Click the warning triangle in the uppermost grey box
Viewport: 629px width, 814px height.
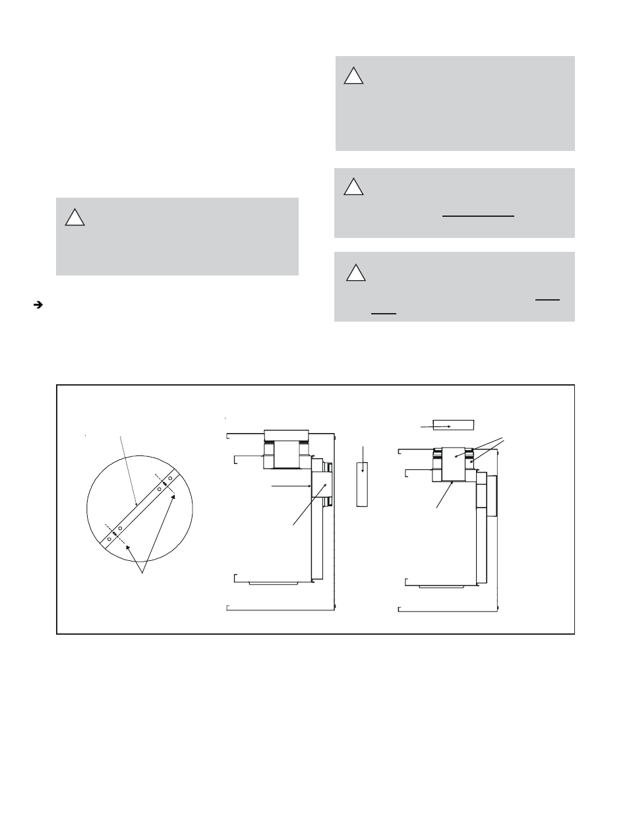click(x=353, y=76)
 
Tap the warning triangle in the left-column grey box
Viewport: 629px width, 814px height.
click(x=75, y=217)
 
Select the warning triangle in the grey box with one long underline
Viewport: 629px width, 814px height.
click(x=353, y=187)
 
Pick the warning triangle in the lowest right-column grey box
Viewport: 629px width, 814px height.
click(x=355, y=272)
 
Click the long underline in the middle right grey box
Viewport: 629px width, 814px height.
click(x=478, y=216)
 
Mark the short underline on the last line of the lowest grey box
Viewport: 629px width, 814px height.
click(x=383, y=314)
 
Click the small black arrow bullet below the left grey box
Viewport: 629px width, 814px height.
click(x=38, y=305)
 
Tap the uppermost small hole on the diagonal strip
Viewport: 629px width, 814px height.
click(x=170, y=478)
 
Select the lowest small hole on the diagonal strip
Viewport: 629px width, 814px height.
click(x=109, y=538)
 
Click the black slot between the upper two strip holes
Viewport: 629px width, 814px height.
click(x=164, y=484)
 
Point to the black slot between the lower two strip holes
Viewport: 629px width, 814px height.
click(x=115, y=533)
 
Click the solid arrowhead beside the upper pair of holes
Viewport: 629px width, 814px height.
click(x=173, y=497)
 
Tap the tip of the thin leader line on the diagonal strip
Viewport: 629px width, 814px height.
click(x=136, y=504)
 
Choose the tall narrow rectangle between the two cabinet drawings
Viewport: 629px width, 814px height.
click(x=361, y=484)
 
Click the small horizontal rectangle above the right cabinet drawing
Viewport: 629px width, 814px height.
click(x=454, y=425)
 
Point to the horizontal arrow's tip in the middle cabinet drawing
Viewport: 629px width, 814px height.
click(x=311, y=486)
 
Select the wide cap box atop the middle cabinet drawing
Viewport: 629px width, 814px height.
click(x=286, y=436)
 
